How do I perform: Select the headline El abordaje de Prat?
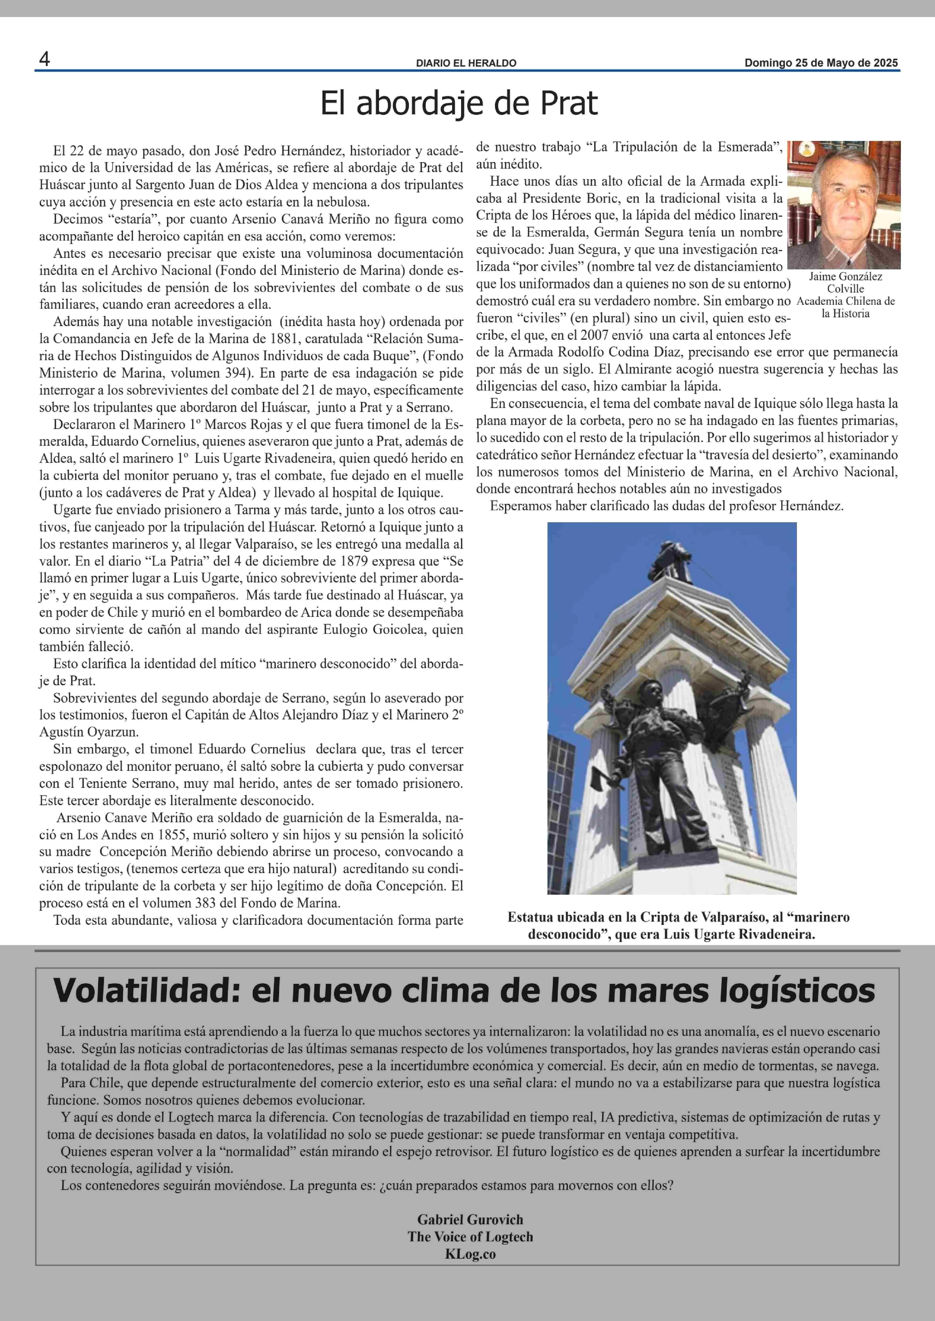pyautogui.click(x=459, y=104)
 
